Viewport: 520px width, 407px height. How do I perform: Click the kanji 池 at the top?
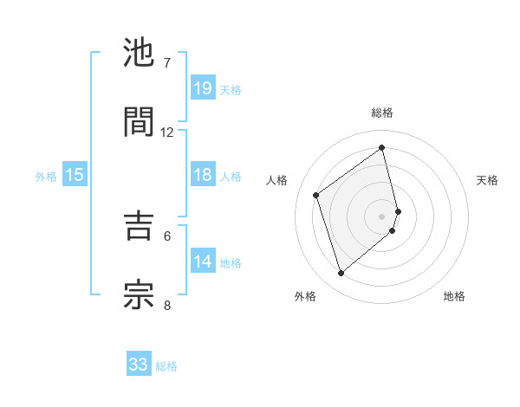(x=140, y=54)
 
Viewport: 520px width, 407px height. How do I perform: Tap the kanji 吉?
(x=140, y=225)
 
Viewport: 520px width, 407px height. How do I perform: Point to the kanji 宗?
(x=140, y=293)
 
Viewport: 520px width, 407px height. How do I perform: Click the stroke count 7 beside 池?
(x=167, y=63)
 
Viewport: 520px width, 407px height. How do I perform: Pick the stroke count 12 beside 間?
(x=167, y=132)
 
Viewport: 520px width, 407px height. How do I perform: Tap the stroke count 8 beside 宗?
(x=167, y=304)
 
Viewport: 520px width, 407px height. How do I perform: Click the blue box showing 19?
(x=203, y=87)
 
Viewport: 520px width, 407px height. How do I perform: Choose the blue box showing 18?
(x=203, y=175)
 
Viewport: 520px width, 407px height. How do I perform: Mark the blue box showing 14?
(x=203, y=262)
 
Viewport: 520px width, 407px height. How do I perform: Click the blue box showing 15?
(x=75, y=175)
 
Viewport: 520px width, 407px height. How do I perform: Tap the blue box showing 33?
(x=139, y=365)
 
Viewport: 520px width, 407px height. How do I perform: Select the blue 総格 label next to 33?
(x=166, y=366)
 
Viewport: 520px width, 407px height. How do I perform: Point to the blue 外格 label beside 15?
(x=46, y=177)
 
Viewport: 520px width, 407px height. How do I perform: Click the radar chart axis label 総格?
(x=382, y=113)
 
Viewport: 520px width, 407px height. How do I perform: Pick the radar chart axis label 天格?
(x=487, y=180)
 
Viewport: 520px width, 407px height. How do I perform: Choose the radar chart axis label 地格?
(x=454, y=296)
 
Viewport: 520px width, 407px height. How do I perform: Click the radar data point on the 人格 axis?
(x=316, y=195)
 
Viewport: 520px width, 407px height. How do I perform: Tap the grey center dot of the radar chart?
(x=382, y=215)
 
